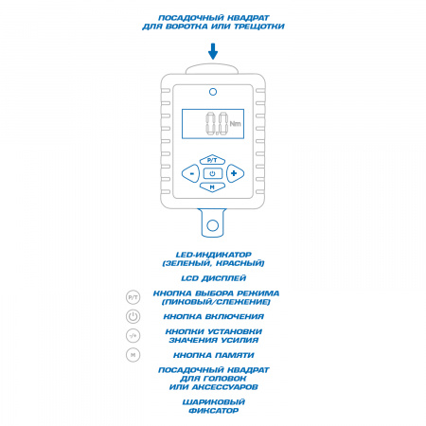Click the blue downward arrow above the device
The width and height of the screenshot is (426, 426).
point(213,51)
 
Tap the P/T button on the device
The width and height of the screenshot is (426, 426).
point(212,160)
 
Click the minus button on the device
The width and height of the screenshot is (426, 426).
point(191,173)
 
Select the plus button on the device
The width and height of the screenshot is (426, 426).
point(235,173)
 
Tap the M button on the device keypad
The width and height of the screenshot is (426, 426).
point(212,186)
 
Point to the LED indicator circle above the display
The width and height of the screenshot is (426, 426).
point(213,92)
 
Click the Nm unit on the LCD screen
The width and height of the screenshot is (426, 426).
point(235,123)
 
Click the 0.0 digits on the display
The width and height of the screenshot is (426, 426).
point(217,124)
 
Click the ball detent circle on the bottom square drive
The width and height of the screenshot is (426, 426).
point(212,225)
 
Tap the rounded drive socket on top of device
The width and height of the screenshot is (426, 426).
point(211,69)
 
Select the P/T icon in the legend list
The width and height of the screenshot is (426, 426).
point(133,297)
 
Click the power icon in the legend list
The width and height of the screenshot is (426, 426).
point(133,316)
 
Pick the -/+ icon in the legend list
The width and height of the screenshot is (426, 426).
point(133,335)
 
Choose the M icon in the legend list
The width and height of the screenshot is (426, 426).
point(133,355)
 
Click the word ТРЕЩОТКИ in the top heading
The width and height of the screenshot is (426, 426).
point(259,27)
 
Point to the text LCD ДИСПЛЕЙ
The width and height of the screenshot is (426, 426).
point(213,278)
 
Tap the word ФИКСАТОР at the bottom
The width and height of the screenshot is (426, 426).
point(213,411)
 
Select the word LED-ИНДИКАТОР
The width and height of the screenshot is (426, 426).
point(214,255)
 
